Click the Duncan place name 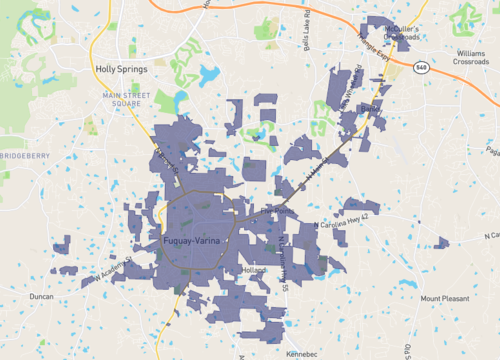41,297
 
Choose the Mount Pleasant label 443,298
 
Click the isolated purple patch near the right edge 441,242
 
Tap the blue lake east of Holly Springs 209,75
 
